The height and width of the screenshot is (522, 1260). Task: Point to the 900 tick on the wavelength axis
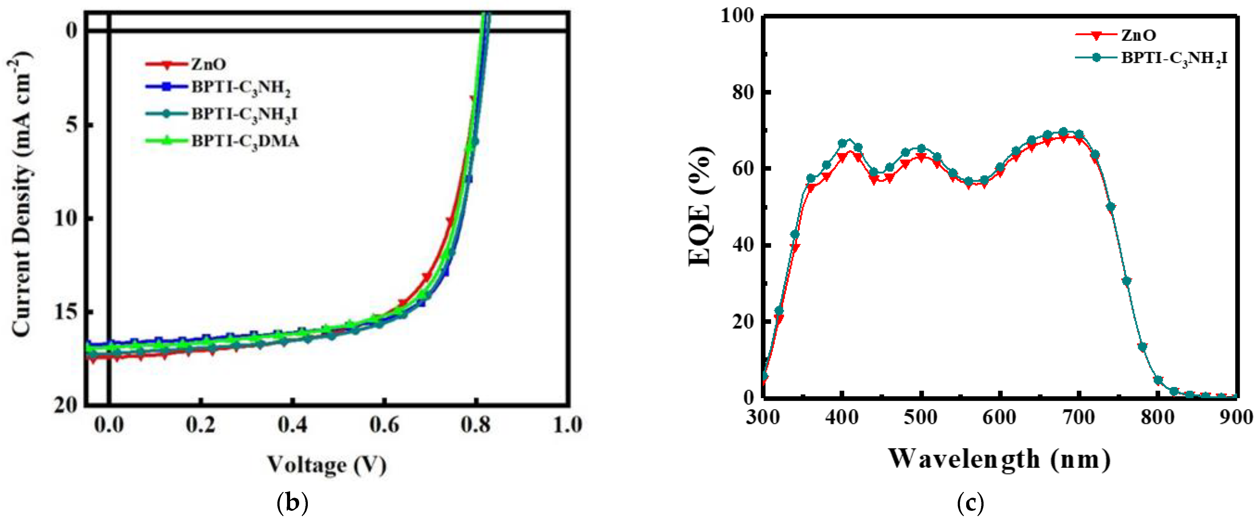1236,417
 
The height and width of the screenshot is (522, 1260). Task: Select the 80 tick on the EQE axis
743,92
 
